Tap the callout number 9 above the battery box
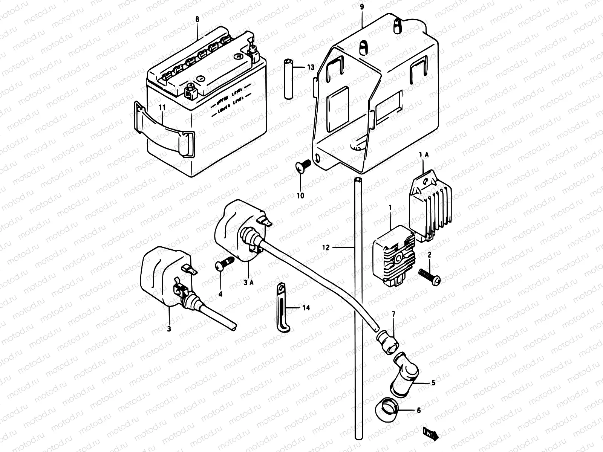pyautogui.click(x=362, y=7)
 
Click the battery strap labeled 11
pyautogui.click(x=166, y=134)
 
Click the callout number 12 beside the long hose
pyautogui.click(x=326, y=247)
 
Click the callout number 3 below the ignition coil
pyautogui.click(x=169, y=329)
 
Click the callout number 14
pyautogui.click(x=306, y=308)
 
